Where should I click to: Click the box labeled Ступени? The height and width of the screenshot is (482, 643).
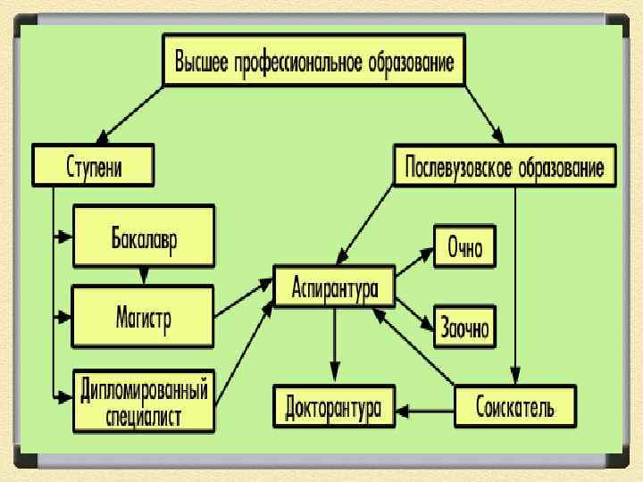click(x=93, y=166)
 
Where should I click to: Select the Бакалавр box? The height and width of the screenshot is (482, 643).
click(x=144, y=236)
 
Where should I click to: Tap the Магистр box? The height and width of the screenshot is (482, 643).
click(x=144, y=315)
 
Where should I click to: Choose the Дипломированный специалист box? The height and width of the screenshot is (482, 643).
click(x=144, y=402)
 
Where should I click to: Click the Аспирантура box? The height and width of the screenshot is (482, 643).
click(x=335, y=287)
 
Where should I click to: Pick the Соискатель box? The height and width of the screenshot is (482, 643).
click(x=515, y=408)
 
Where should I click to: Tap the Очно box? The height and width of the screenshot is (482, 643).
click(x=464, y=245)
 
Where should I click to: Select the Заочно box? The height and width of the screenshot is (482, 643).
click(x=464, y=327)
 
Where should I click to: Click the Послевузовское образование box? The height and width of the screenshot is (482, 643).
click(x=505, y=166)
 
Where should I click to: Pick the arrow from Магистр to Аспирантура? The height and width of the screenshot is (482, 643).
click(x=243, y=299)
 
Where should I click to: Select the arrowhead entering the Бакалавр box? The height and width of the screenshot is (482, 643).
click(x=63, y=237)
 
